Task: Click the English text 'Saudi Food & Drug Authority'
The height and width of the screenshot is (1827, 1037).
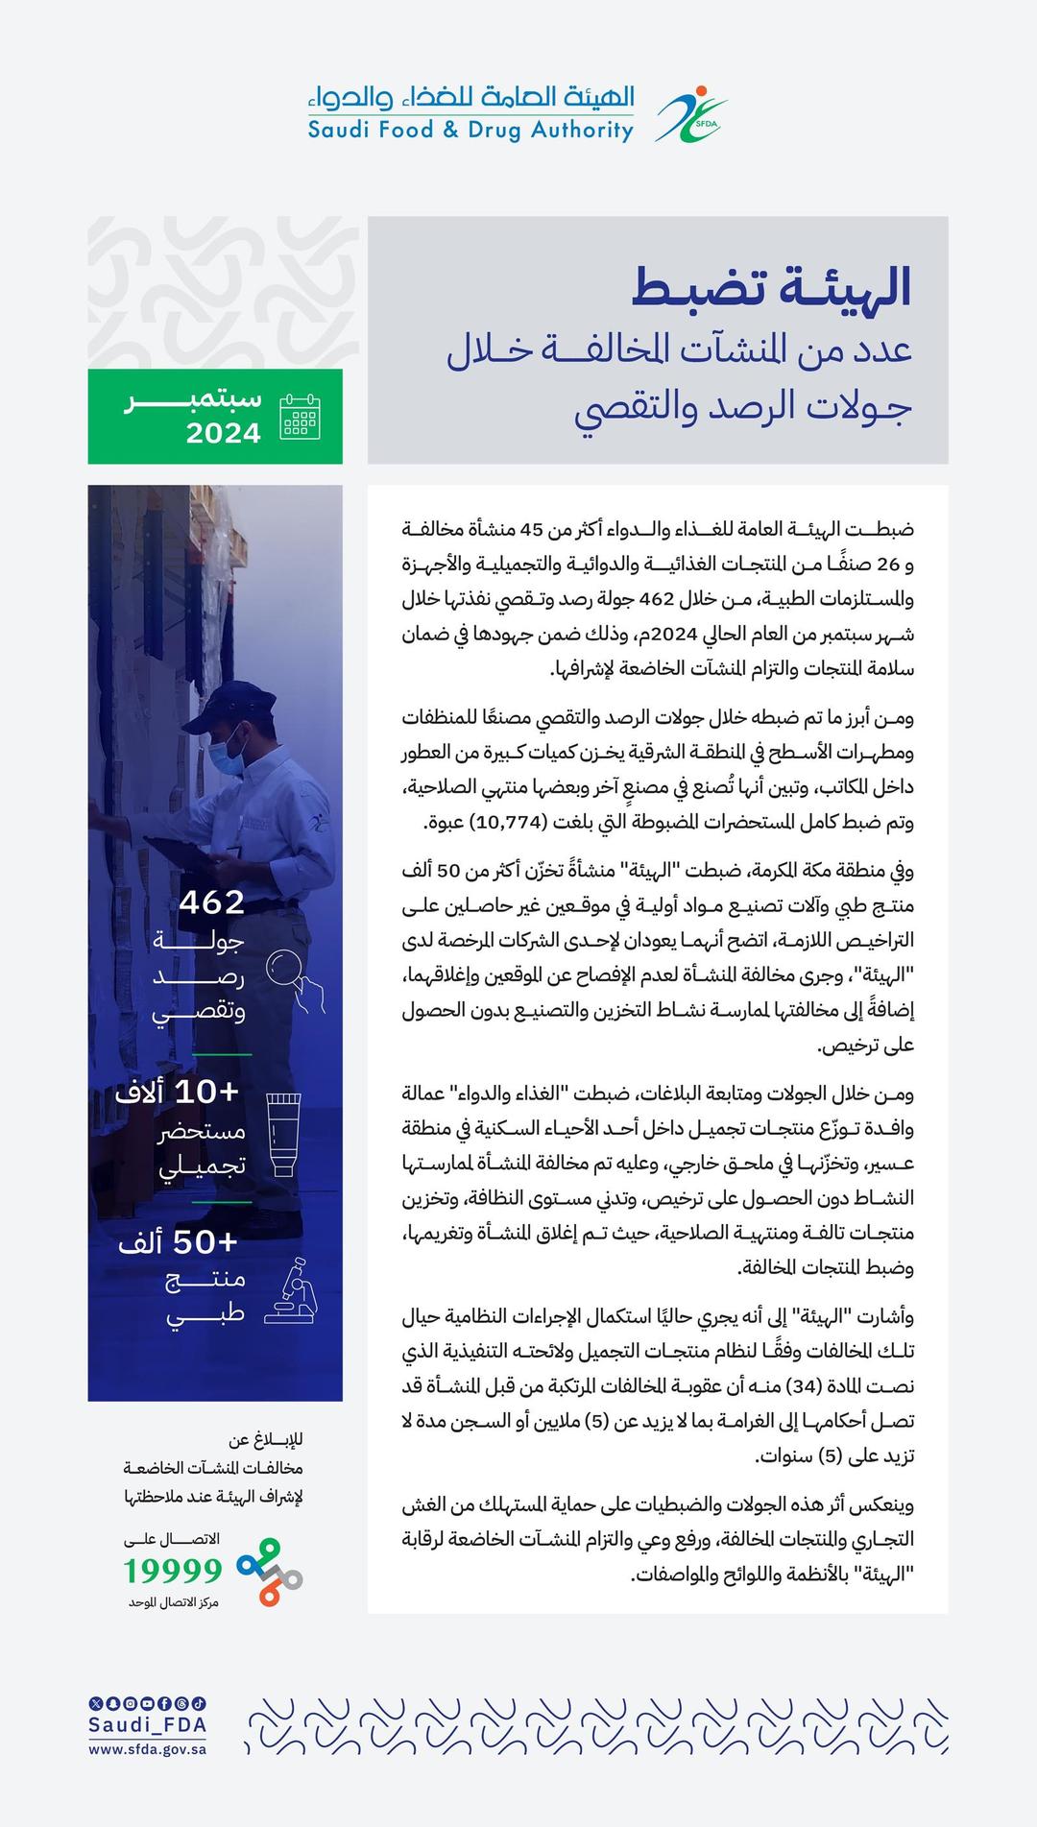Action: (470, 130)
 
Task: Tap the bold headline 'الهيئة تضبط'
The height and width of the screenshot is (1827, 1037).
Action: (771, 286)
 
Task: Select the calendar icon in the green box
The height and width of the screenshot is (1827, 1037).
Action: (300, 417)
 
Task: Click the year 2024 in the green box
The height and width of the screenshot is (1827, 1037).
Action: (224, 433)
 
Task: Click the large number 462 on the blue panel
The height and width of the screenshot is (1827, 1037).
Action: (211, 902)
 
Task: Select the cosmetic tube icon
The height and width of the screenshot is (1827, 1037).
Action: (282, 1133)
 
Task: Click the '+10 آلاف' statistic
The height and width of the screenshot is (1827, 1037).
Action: (178, 1092)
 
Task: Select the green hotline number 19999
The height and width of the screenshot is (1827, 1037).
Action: (173, 1570)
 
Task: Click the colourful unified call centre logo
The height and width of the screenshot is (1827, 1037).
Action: (270, 1572)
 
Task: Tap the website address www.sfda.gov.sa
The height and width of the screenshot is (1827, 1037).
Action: (147, 1749)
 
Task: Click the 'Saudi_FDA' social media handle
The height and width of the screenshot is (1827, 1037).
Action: (147, 1724)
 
